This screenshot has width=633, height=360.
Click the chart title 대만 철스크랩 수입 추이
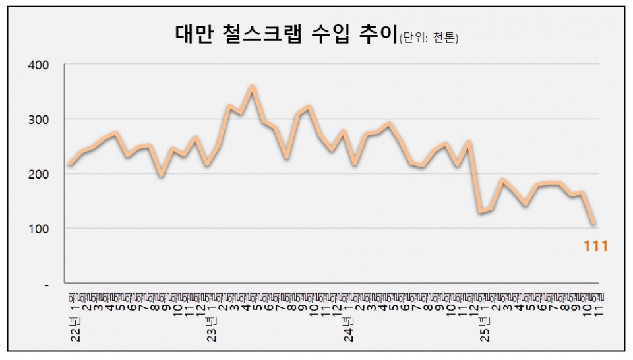click(287, 35)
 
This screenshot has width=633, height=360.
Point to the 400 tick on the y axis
click(38, 65)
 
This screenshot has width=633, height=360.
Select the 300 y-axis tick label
click(38, 119)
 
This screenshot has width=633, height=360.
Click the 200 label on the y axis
click(38, 174)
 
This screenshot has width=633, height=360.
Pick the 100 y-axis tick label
click(38, 229)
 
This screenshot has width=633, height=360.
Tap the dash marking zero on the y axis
click(45, 284)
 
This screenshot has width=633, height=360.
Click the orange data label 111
click(595, 247)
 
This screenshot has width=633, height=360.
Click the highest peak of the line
click(252, 87)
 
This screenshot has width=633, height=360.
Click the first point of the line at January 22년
click(71, 164)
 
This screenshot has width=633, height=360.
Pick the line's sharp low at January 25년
click(480, 212)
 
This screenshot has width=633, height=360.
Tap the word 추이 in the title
click(378, 35)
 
